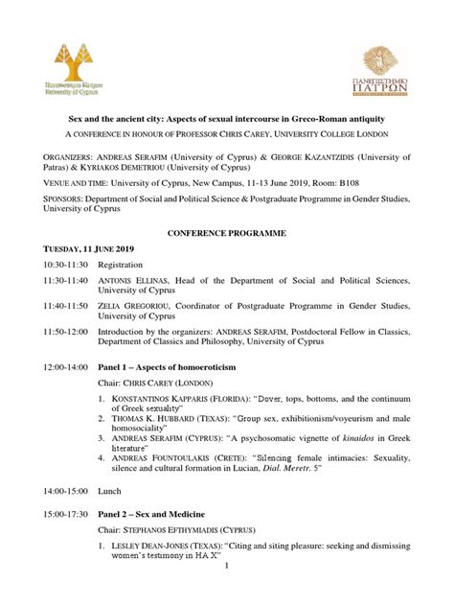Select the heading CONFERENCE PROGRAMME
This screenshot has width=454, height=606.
226,233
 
